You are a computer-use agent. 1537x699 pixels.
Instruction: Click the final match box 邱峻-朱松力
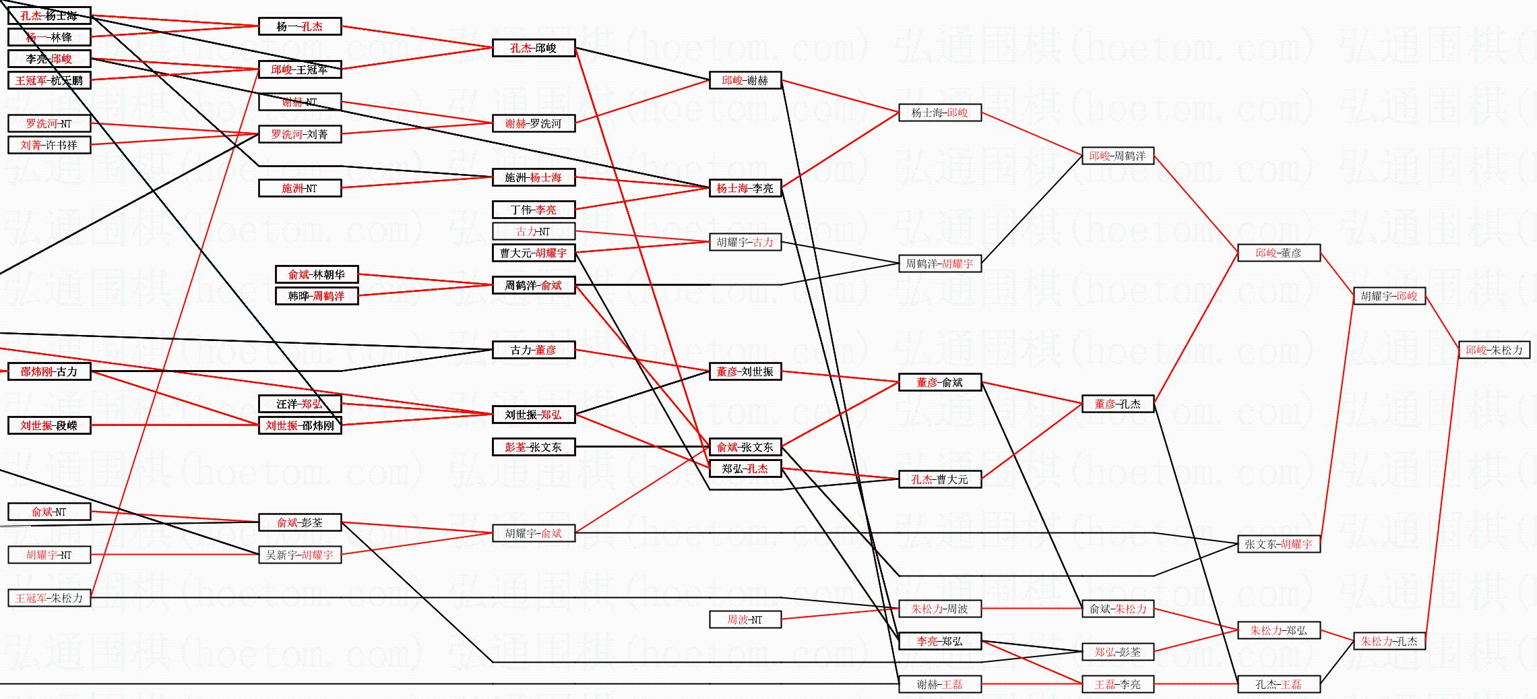pos(1494,350)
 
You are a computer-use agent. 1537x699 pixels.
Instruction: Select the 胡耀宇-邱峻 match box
pos(1389,296)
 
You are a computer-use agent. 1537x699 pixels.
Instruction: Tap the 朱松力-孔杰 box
pos(1389,641)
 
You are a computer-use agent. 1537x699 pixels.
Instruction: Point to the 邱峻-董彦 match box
pos(1278,253)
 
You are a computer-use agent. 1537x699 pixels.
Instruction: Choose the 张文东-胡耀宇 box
pos(1278,544)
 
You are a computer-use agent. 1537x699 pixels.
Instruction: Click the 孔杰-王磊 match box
pos(1278,684)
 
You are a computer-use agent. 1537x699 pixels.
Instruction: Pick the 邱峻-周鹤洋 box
pos(1117,156)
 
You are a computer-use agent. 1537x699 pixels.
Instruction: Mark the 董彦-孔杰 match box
pos(1117,404)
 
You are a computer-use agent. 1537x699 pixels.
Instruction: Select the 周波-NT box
pos(745,619)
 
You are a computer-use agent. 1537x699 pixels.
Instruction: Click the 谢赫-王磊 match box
pos(939,684)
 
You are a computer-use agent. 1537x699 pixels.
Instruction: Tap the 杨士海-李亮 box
pos(745,188)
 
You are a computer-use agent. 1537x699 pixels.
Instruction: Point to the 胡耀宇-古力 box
pos(745,242)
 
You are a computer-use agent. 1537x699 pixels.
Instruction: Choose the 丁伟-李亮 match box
pos(533,210)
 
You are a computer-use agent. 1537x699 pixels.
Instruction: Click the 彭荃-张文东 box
pos(533,447)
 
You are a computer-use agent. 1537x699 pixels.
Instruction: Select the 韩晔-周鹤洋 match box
pos(316,296)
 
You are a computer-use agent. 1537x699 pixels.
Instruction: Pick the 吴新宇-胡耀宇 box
pos(299,555)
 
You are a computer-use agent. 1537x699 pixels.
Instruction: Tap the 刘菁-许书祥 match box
pos(49,145)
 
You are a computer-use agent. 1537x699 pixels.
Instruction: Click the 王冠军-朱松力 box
pos(49,598)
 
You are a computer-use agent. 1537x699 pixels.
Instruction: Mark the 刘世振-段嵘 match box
pos(49,425)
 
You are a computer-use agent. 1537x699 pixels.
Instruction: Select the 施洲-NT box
pos(299,188)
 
